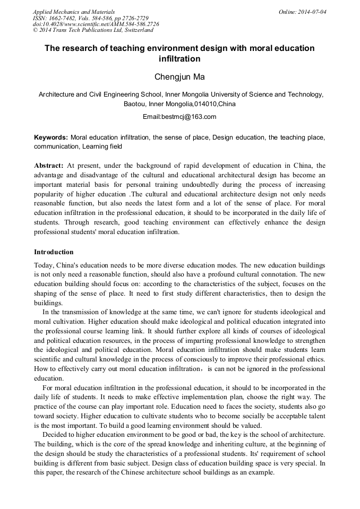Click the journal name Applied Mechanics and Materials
73,11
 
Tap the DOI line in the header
96,24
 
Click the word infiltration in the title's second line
179,59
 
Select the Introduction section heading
54,252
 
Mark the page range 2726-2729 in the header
133,18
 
